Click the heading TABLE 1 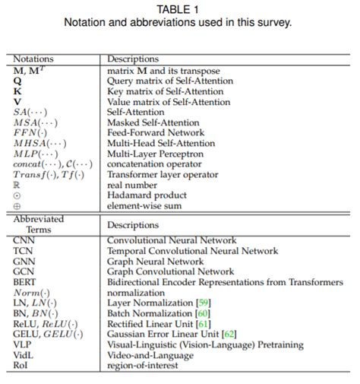pos(179,10)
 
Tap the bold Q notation pos(17,80)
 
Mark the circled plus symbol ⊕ pos(17,205)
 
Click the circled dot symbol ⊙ pos(17,195)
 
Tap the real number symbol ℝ pos(16,184)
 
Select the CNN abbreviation pos(23,240)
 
